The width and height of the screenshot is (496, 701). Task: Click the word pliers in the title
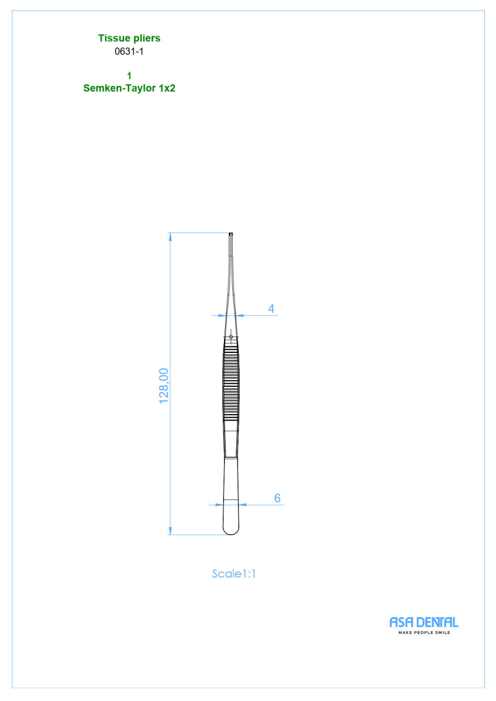(x=147, y=39)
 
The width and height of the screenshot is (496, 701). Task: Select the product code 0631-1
(x=129, y=51)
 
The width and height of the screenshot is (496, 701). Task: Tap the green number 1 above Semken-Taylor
(x=129, y=76)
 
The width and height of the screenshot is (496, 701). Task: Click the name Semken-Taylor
(x=119, y=88)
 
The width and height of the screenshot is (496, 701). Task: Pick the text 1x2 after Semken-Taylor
(x=167, y=88)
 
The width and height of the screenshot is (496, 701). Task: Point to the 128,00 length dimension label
(x=164, y=386)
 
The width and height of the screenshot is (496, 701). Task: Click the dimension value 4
(x=271, y=309)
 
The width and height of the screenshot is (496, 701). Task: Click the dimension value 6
(x=277, y=498)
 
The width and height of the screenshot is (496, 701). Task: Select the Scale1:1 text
(x=234, y=574)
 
